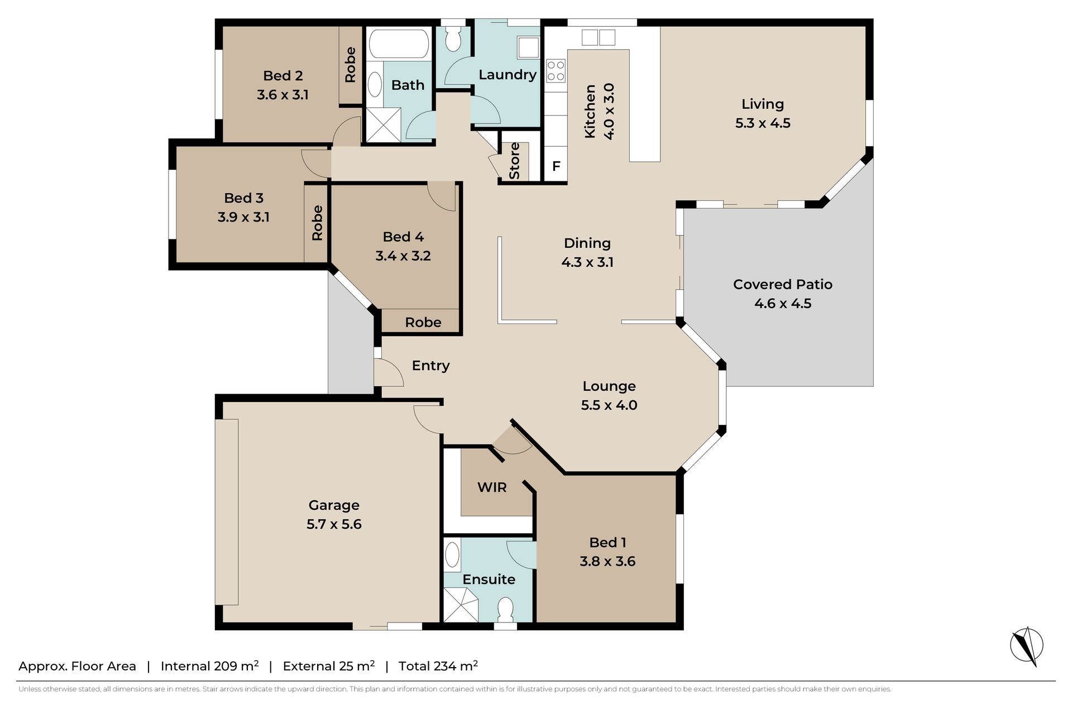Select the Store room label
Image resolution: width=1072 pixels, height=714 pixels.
click(x=514, y=161)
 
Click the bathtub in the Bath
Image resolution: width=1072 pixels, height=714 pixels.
click(x=399, y=43)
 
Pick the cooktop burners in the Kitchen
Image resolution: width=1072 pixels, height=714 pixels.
click(x=556, y=70)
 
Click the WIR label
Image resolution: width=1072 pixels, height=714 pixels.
click(x=492, y=487)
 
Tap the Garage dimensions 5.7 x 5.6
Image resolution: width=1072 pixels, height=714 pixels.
click(x=334, y=524)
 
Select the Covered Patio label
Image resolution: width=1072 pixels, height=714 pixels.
click(x=782, y=284)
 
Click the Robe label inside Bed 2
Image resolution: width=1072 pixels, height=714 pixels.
click(x=350, y=65)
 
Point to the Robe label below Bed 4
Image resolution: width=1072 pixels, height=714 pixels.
click(x=423, y=322)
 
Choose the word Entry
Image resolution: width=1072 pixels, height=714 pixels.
click(x=430, y=366)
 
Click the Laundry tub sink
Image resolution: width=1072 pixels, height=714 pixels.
click(x=528, y=47)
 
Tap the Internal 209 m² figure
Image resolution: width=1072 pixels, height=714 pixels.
click(x=209, y=665)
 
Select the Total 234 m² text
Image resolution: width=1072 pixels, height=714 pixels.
click(x=438, y=665)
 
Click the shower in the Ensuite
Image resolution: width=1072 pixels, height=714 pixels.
click(x=461, y=606)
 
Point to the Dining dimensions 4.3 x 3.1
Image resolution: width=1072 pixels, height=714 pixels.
click(x=587, y=262)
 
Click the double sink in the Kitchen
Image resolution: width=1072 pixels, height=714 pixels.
click(x=599, y=37)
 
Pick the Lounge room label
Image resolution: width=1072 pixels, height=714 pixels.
click(x=609, y=386)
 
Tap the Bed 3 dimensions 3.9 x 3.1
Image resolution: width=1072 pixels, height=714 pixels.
click(x=243, y=217)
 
